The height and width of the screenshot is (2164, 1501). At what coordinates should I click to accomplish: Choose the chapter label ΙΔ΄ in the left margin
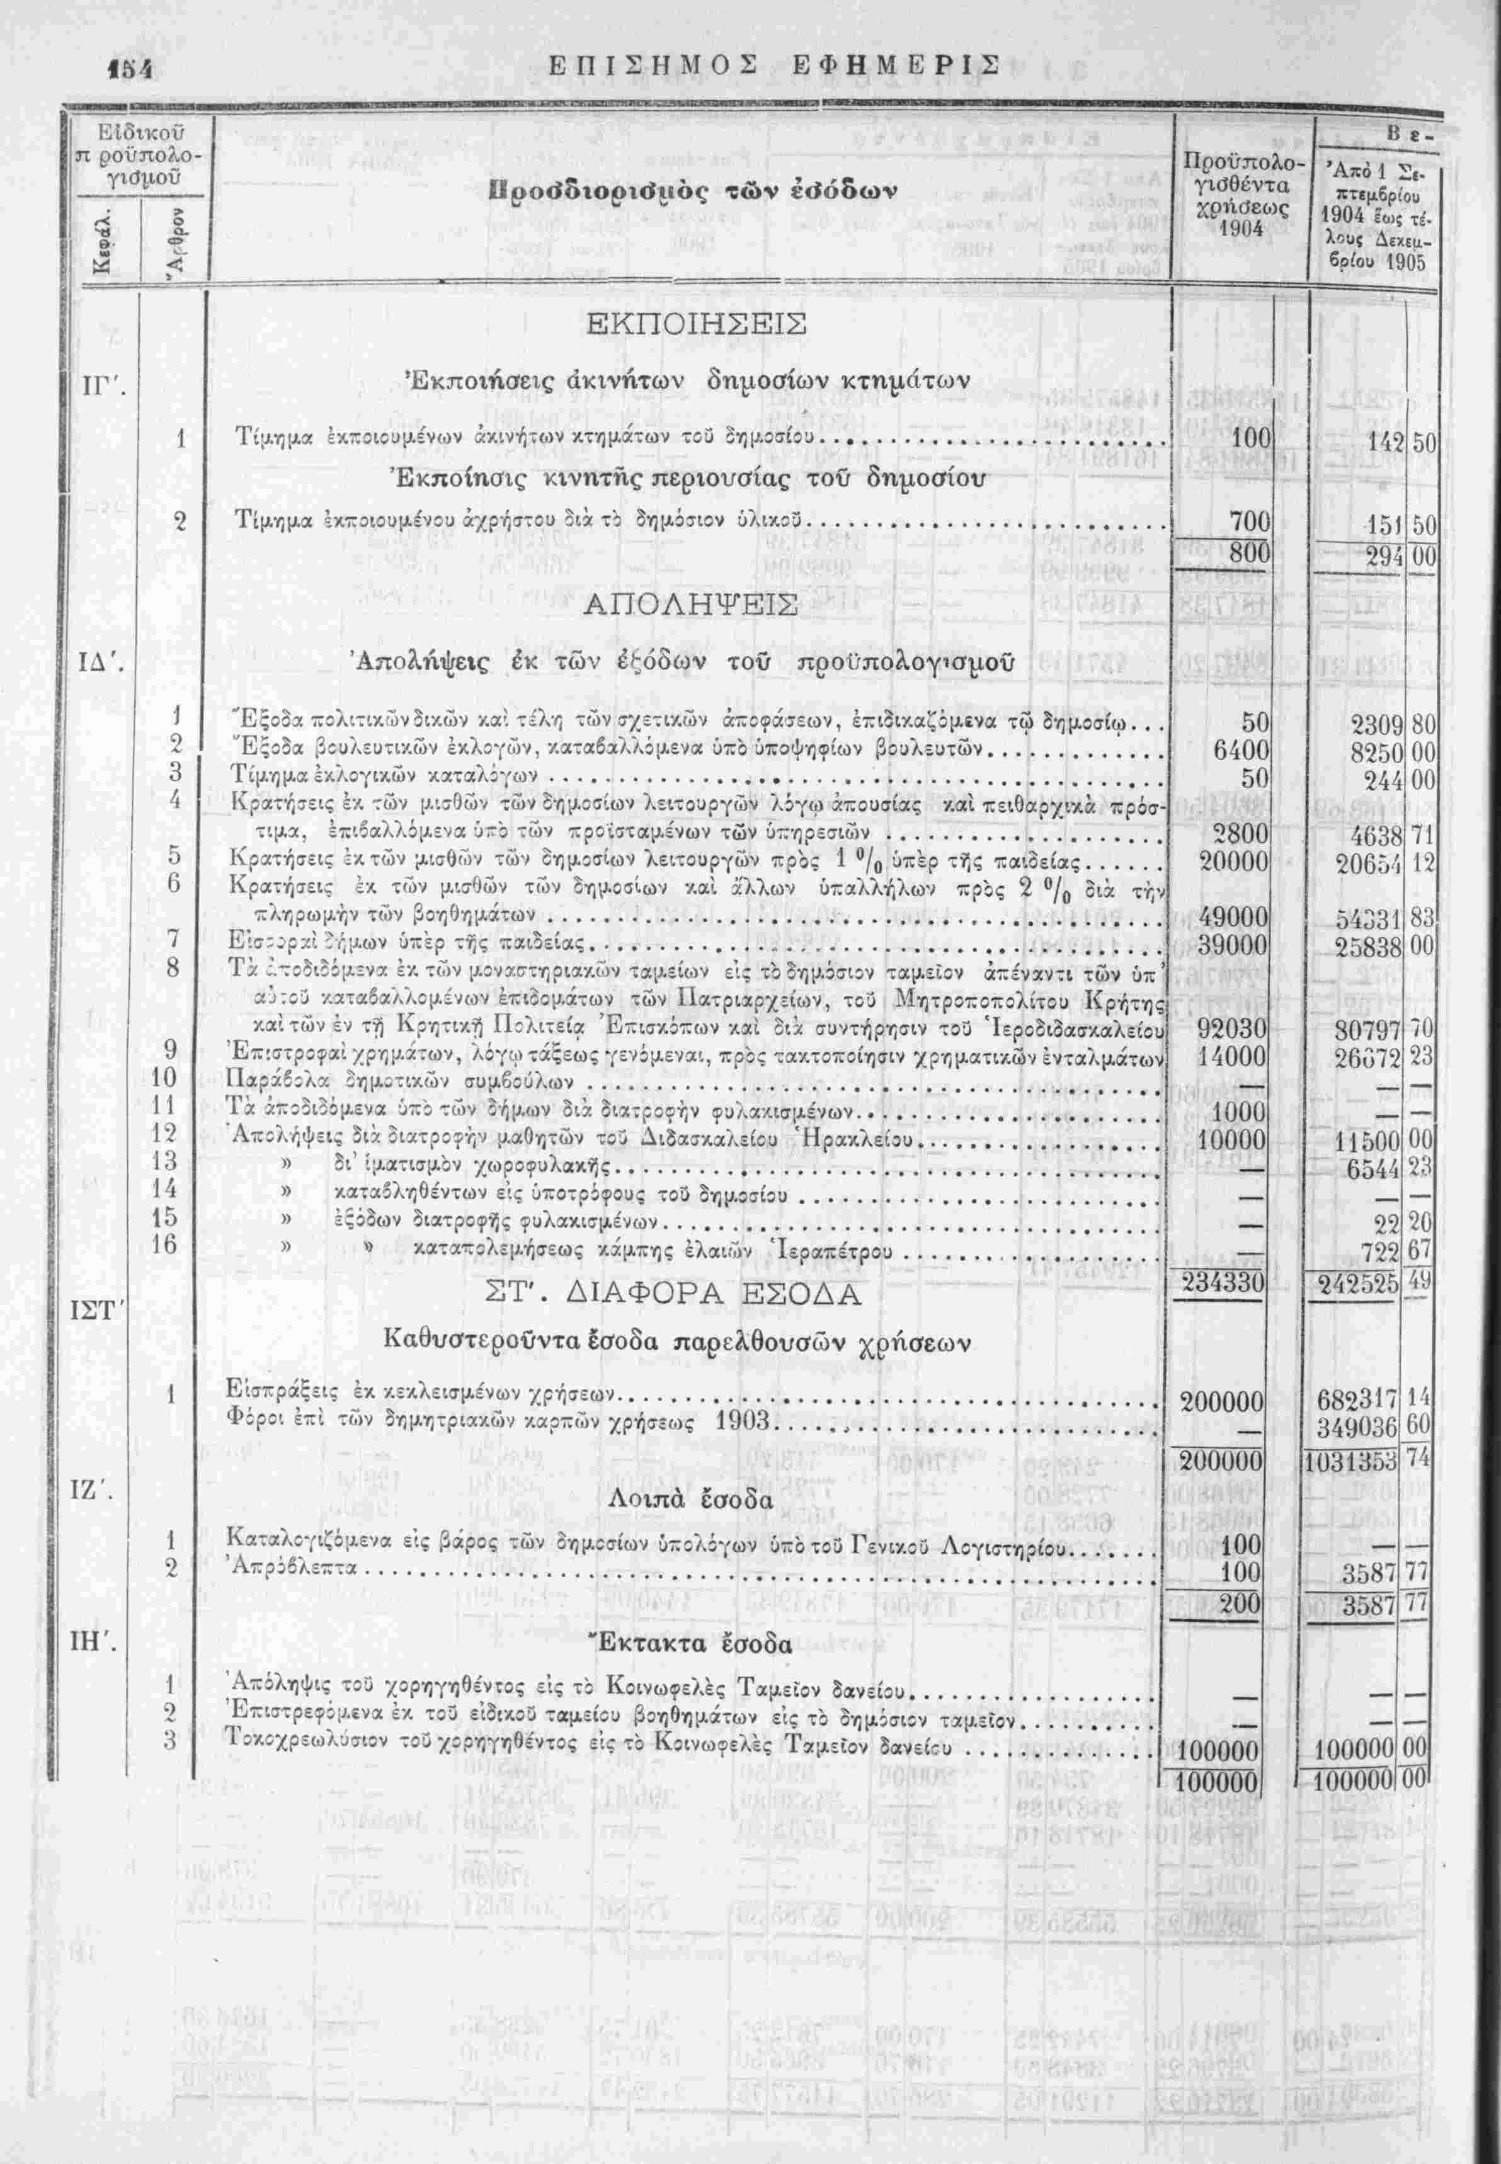tap(98, 667)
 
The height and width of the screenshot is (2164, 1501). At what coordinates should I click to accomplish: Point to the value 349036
tap(1358, 1428)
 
